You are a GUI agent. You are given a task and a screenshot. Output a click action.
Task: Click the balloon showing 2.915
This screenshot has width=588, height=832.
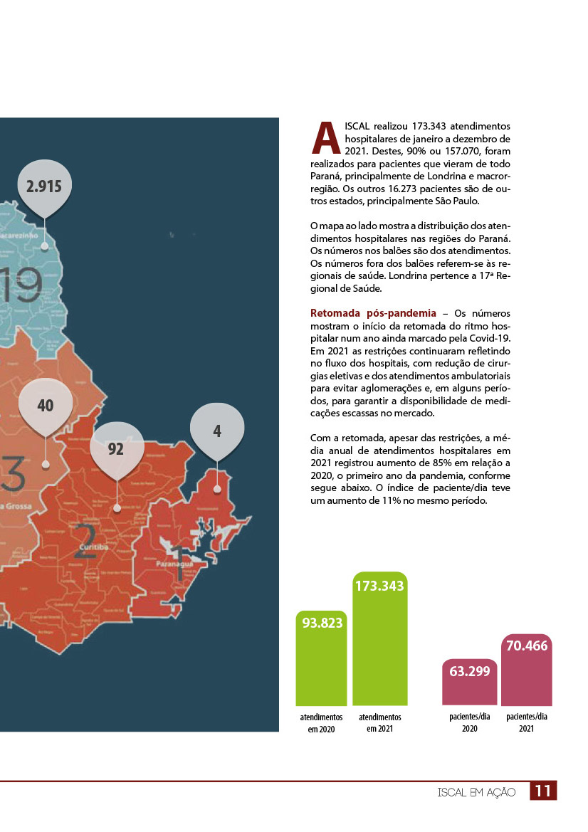(x=44, y=187)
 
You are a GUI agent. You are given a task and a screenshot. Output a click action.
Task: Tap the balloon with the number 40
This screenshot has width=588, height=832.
(x=46, y=406)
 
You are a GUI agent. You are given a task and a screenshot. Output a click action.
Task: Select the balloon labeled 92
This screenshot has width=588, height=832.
(x=116, y=448)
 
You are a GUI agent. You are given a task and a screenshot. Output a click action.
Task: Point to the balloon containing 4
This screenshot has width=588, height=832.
(x=217, y=431)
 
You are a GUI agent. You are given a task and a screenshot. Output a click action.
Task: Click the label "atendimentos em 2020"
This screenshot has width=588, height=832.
(x=321, y=723)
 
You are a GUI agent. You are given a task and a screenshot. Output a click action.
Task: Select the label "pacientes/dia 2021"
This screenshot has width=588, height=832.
(x=527, y=723)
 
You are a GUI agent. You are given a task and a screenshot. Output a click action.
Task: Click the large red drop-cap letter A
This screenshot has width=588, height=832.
(x=325, y=139)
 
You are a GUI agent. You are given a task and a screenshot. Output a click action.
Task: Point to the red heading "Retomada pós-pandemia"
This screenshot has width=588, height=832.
(x=373, y=313)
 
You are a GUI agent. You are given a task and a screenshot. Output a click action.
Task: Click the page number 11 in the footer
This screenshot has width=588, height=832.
(x=543, y=791)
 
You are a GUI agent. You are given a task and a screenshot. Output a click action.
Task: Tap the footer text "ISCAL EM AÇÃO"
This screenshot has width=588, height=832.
(x=476, y=792)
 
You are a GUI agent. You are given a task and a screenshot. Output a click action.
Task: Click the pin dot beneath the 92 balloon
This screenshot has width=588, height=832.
(x=117, y=508)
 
